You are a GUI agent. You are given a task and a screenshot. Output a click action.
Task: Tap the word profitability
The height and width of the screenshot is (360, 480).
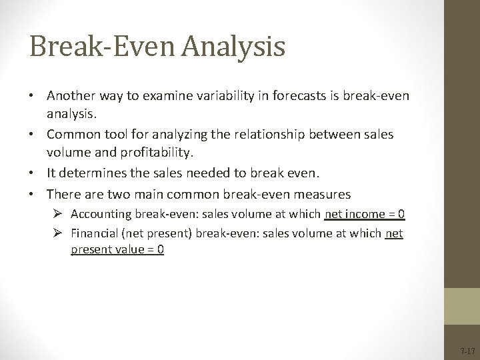150,153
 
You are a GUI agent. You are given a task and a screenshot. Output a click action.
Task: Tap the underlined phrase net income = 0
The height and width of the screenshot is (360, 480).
365,214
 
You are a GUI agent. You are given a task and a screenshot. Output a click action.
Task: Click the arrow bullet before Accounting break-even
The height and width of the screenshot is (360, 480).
61,214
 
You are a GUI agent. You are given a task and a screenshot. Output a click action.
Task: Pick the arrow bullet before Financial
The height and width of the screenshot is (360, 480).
61,234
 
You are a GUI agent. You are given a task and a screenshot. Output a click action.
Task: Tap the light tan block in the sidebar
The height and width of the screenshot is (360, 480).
461,305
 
